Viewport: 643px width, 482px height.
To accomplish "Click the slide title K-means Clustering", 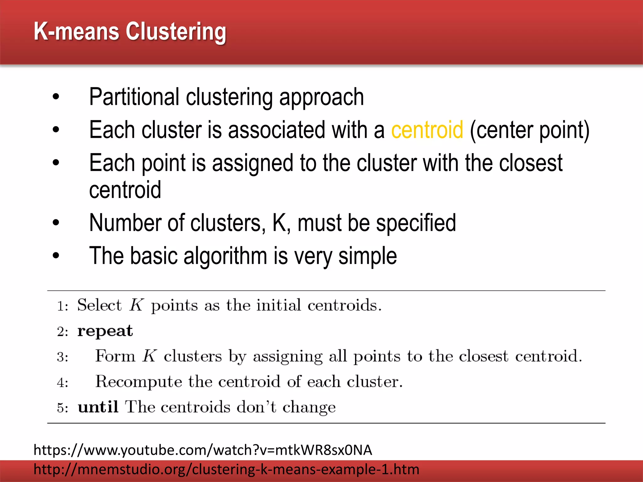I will coord(130,32).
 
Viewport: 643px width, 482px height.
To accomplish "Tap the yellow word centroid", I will coord(427,130).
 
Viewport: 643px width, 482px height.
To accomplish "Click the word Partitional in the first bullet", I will coord(134,97).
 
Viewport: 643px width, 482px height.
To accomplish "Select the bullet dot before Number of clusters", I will coord(56,223).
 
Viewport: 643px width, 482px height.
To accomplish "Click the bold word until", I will coord(98,407).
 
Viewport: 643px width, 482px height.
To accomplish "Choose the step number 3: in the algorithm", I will coord(62,357).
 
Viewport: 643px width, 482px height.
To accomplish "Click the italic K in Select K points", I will coord(137,305).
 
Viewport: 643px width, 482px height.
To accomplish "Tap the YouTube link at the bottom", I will coord(203,450).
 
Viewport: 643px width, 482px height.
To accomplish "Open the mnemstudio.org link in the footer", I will coord(226,469).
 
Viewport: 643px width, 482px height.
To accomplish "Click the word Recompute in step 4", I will coord(138,382).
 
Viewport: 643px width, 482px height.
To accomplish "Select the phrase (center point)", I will coord(530,130).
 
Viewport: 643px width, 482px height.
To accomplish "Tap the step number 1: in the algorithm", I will coord(62,306).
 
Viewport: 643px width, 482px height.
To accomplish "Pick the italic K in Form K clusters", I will coord(149,356).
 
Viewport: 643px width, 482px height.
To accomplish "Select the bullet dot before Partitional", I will coord(56,97).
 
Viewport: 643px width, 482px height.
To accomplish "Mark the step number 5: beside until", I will coord(62,408).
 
